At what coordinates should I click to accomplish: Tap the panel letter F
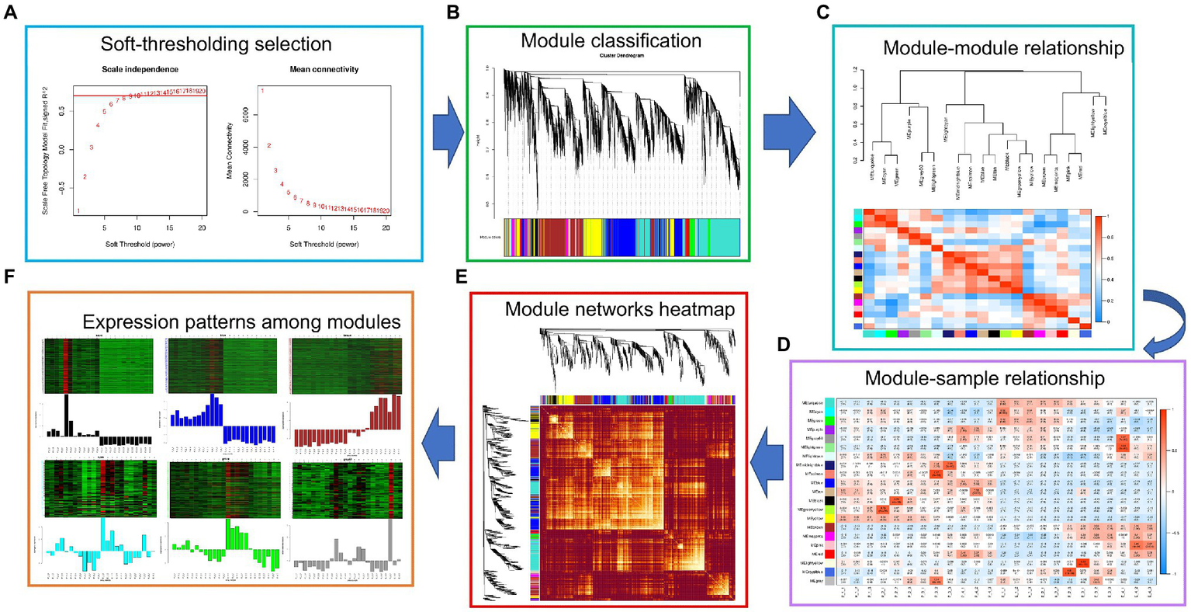click(10, 276)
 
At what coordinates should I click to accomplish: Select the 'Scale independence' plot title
click(140, 70)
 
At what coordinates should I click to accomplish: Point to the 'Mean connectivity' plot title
click(324, 70)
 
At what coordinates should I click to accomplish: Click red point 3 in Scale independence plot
click(92, 147)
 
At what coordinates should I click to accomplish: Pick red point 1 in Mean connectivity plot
click(263, 92)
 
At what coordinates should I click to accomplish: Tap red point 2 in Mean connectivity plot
click(269, 145)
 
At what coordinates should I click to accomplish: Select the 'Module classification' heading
click(611, 40)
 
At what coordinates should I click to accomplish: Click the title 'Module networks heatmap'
click(619, 309)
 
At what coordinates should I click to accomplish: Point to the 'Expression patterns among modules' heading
click(241, 322)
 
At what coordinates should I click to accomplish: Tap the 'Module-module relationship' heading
click(1002, 48)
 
